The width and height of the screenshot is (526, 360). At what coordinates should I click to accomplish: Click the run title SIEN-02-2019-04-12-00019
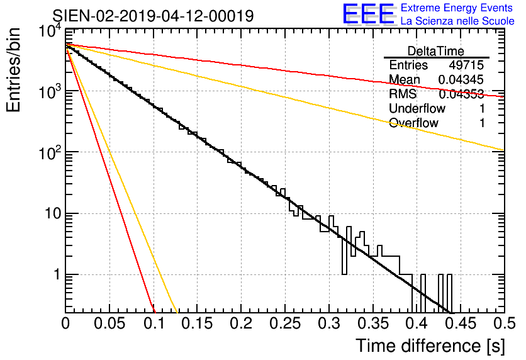(153, 16)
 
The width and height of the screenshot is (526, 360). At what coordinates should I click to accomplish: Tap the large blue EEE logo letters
(369, 14)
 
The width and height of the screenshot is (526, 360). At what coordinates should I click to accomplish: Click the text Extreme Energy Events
(457, 8)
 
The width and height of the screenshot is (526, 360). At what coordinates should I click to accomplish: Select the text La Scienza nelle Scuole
(457, 21)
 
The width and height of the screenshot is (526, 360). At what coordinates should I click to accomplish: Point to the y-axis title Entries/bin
(13, 70)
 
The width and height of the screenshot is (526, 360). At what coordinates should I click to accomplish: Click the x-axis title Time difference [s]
(430, 346)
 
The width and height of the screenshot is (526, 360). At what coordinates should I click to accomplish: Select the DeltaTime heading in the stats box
(436, 51)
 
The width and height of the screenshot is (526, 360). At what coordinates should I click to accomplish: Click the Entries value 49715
(466, 65)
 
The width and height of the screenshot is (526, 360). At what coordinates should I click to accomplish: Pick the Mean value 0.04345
(461, 79)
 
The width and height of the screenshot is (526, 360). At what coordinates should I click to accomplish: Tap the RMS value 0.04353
(461, 94)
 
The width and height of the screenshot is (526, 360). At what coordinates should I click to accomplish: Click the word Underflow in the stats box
(417, 108)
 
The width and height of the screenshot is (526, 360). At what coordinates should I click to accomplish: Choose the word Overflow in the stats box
(413, 123)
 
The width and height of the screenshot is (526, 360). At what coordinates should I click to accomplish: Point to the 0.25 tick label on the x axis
(285, 323)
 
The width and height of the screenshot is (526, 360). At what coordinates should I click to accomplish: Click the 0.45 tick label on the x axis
(461, 323)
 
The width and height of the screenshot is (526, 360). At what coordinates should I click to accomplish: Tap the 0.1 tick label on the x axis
(154, 323)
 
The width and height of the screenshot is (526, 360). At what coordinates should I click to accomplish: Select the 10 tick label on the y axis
(53, 213)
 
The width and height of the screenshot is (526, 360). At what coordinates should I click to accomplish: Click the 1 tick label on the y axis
(57, 274)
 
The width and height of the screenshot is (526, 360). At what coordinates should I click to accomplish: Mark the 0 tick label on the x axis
(65, 323)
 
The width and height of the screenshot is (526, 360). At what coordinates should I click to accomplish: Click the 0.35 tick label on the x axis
(373, 323)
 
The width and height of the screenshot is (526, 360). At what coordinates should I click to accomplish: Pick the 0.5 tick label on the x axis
(505, 323)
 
